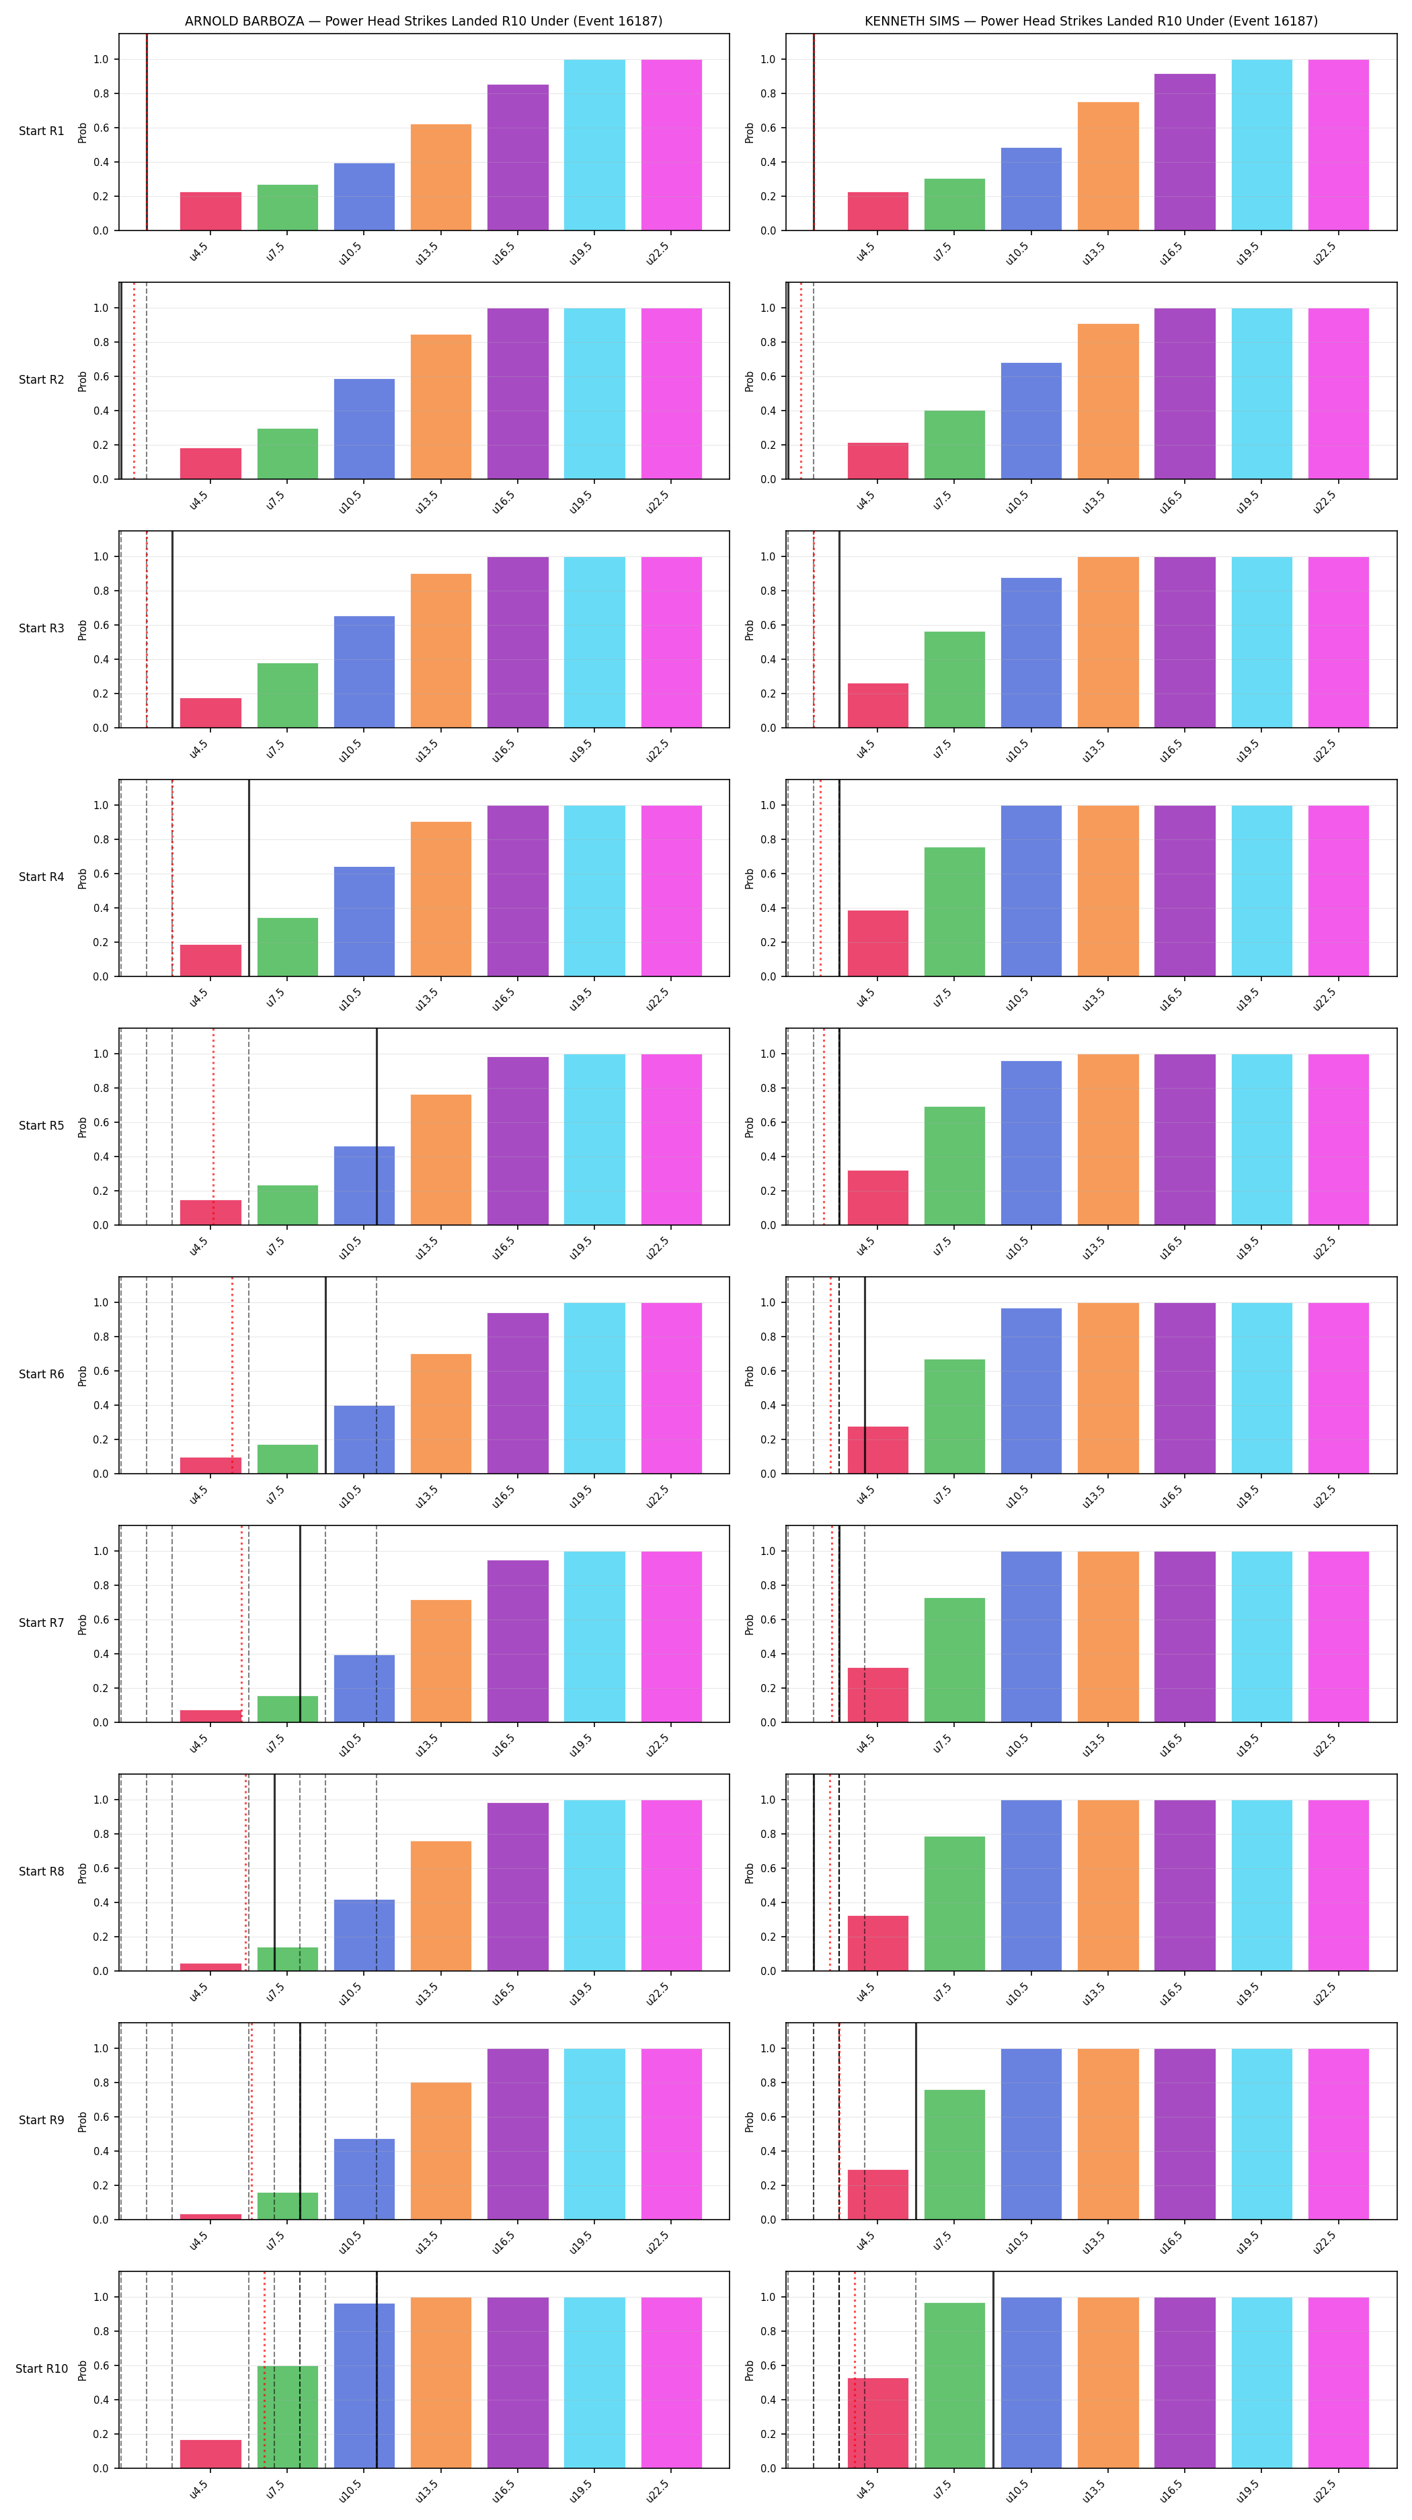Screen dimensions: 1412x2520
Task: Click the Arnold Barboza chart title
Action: [423, 21]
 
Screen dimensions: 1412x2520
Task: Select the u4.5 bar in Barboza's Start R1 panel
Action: [210, 211]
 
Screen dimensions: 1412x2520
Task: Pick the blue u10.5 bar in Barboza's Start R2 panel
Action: [364, 429]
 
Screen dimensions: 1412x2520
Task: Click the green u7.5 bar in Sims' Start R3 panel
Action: [954, 680]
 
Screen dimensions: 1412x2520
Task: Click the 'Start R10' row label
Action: [41, 2368]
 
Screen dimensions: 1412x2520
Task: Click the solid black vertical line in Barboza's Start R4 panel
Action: [249, 878]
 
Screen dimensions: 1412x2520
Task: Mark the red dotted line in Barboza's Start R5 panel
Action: [213, 1126]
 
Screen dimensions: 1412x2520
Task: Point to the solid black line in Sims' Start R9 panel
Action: [916, 2121]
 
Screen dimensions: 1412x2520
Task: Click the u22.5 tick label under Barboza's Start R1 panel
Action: [657, 254]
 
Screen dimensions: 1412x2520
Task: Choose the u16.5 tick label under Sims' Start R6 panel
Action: [1171, 1497]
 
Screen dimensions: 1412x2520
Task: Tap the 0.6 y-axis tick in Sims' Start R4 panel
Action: [768, 874]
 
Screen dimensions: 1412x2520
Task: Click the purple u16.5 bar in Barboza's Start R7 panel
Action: [518, 1640]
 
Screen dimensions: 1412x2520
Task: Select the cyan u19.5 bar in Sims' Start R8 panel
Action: [1261, 1885]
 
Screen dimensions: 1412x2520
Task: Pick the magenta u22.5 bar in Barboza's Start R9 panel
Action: [671, 2134]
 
